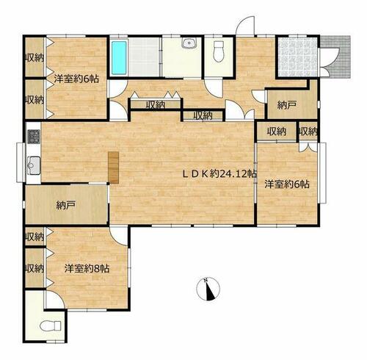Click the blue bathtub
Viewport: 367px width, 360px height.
point(119,57)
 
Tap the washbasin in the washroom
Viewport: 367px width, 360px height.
point(189,43)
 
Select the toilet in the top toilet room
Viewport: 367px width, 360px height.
point(219,51)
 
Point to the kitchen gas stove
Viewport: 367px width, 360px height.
point(34,137)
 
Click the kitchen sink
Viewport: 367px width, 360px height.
point(34,165)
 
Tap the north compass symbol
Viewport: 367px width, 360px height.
point(208,289)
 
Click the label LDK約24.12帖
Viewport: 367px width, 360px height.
point(220,174)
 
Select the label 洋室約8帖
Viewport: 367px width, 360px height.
point(87,269)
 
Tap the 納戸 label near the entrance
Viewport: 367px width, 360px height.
point(287,105)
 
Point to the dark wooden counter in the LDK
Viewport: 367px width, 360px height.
point(114,168)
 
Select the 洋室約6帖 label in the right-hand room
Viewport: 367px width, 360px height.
point(287,184)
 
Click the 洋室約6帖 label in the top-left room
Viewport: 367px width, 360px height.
point(76,79)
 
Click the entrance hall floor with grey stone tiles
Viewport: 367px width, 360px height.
point(297,57)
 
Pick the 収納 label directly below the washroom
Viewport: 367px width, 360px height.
point(156,105)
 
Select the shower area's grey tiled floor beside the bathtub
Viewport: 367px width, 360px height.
point(144,57)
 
